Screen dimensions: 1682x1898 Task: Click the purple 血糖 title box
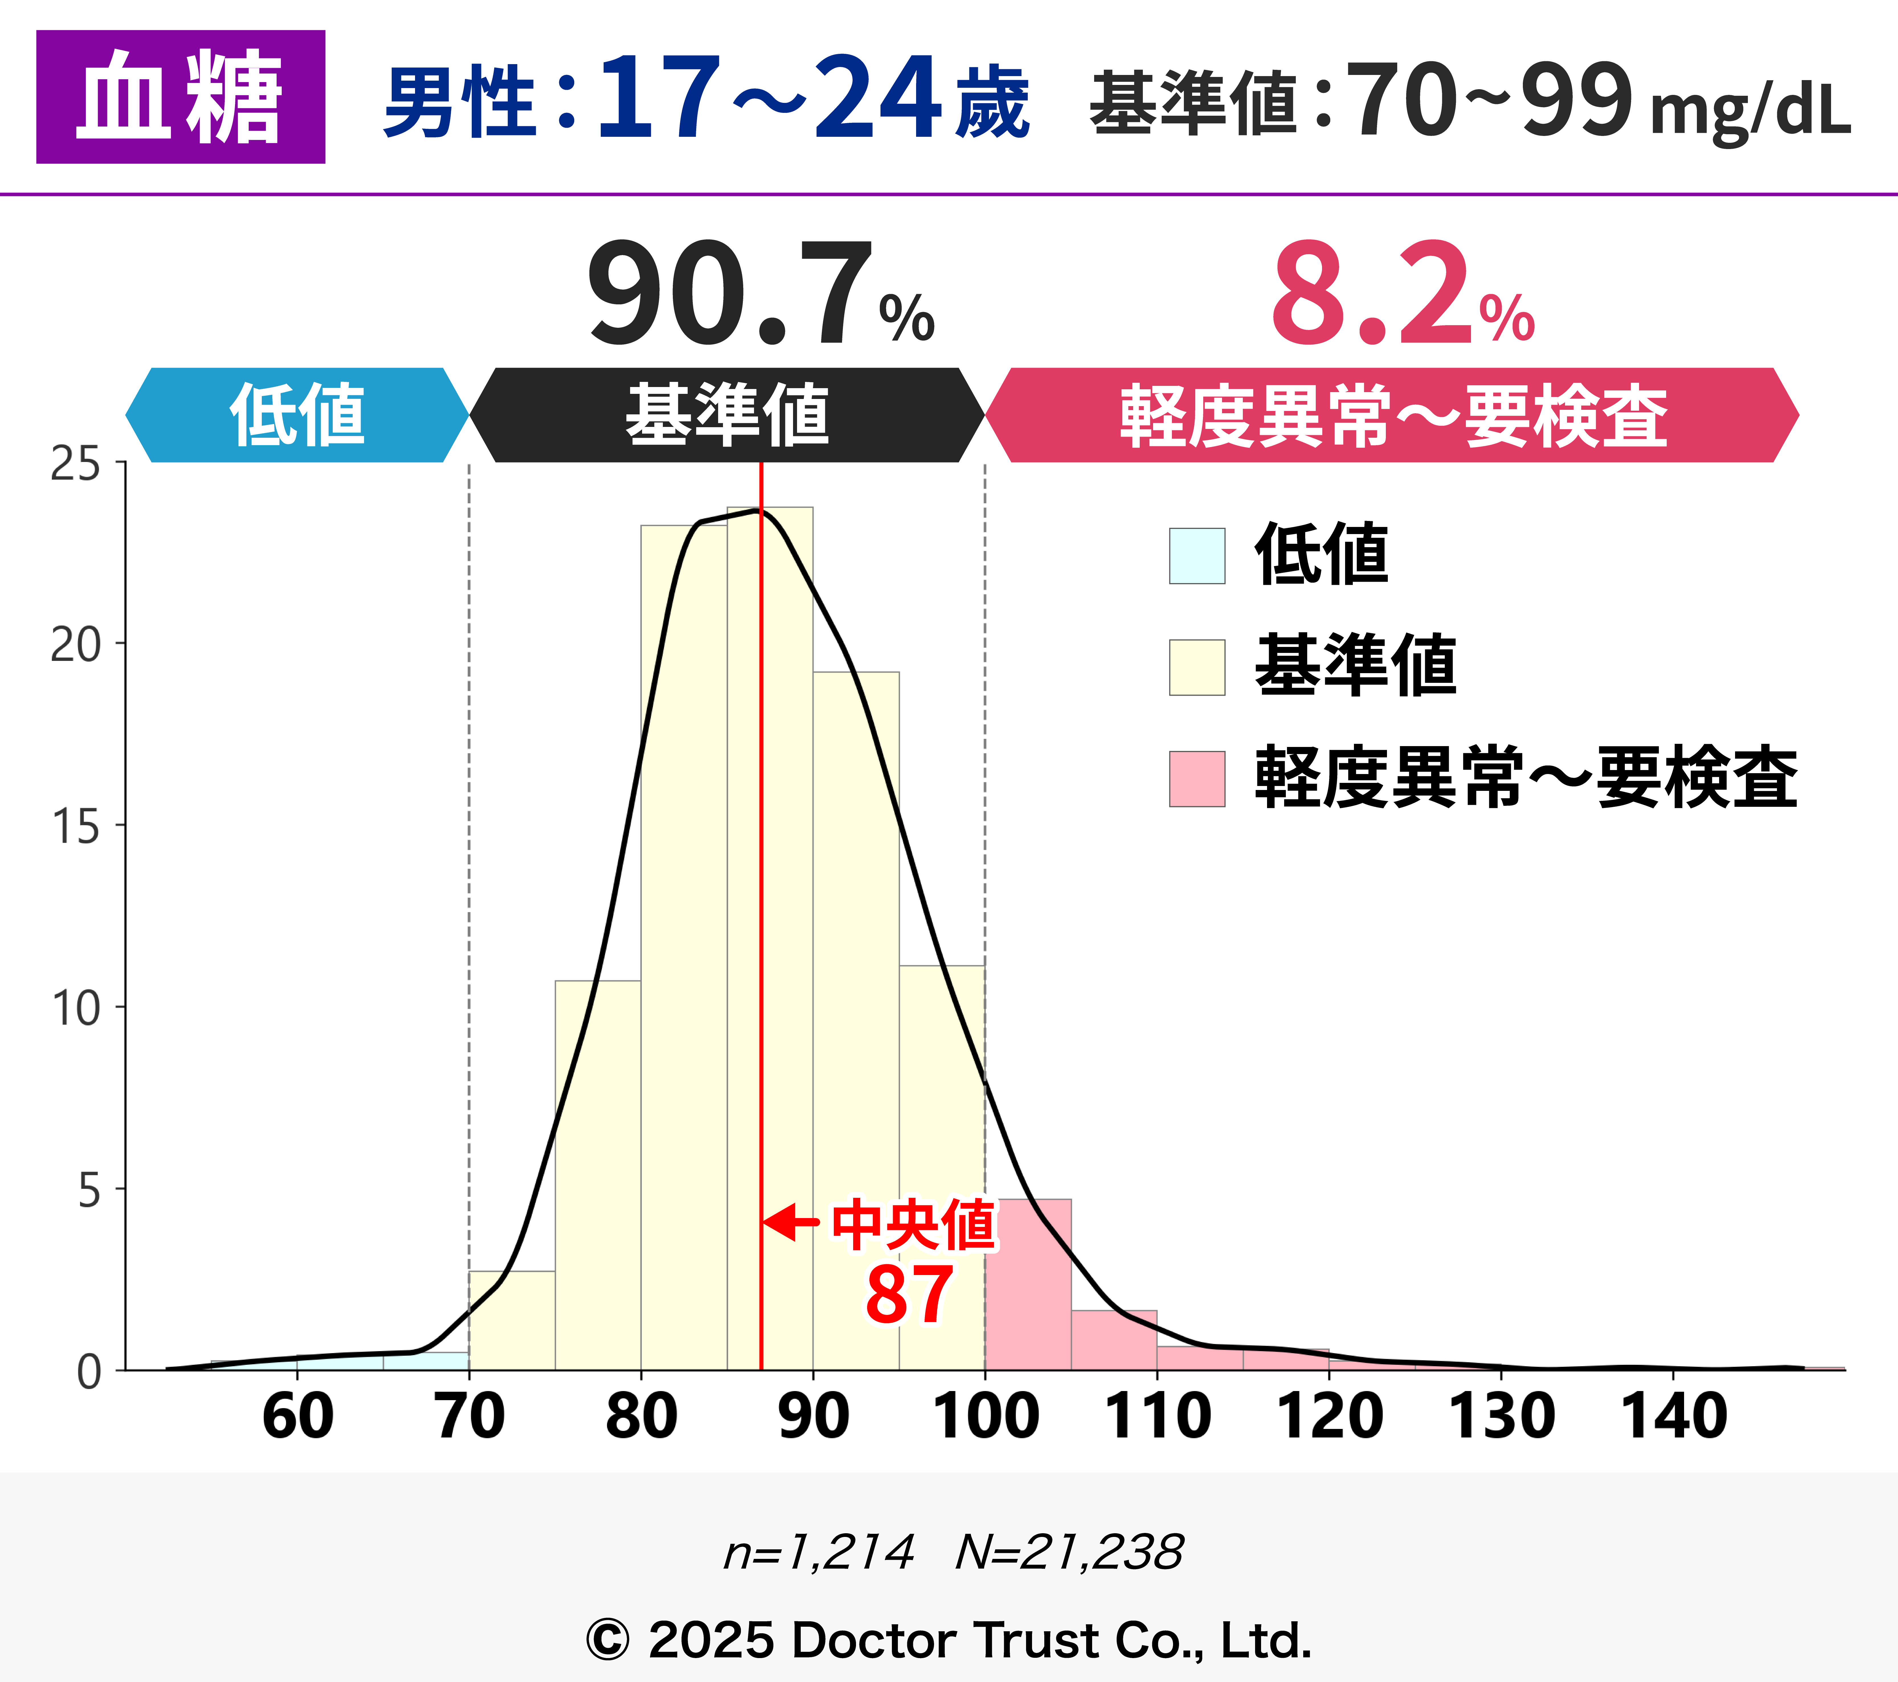(x=180, y=97)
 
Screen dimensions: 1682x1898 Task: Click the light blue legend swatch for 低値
(x=1197, y=555)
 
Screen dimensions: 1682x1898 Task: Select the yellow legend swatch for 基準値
(x=1197, y=667)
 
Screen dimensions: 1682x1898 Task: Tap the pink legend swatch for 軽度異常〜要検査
(x=1197, y=778)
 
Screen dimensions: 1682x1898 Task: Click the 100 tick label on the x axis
(x=985, y=1417)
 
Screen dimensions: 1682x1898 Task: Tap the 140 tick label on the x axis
(x=1673, y=1417)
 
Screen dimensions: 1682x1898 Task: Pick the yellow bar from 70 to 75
(x=512, y=1321)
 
